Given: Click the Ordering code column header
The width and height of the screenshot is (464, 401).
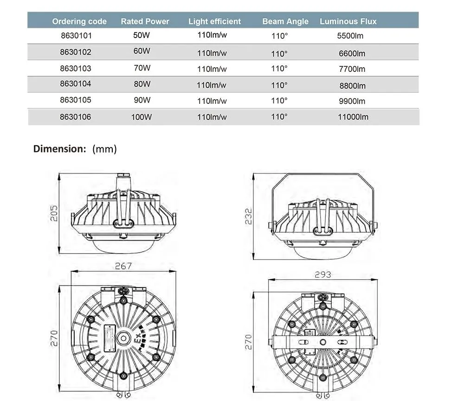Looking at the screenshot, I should (x=79, y=21).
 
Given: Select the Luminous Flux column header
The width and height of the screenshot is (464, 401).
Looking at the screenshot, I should (x=348, y=21).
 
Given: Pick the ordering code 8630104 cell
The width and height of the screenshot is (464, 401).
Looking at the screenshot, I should (x=76, y=84).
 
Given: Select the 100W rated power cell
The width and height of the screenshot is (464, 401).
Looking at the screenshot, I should (x=142, y=117).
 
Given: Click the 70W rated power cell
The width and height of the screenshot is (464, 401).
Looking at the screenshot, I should (x=142, y=68).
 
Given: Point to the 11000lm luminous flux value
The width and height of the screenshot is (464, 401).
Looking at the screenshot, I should (x=353, y=117).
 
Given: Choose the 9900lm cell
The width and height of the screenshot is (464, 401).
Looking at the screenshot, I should (x=352, y=101).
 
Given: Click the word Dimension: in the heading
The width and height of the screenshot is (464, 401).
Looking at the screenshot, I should (x=60, y=149).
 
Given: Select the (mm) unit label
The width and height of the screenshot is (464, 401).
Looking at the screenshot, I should (x=104, y=149).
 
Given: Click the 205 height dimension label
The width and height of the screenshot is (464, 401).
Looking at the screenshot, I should (x=54, y=213).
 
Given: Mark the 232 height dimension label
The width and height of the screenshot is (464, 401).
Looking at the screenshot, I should (x=249, y=216).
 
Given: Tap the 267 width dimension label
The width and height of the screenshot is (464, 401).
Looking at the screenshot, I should (x=123, y=266).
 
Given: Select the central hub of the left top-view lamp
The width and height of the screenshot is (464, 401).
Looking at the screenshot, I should (x=123, y=337).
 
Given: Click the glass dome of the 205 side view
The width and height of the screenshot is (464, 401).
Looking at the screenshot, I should (x=123, y=244).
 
